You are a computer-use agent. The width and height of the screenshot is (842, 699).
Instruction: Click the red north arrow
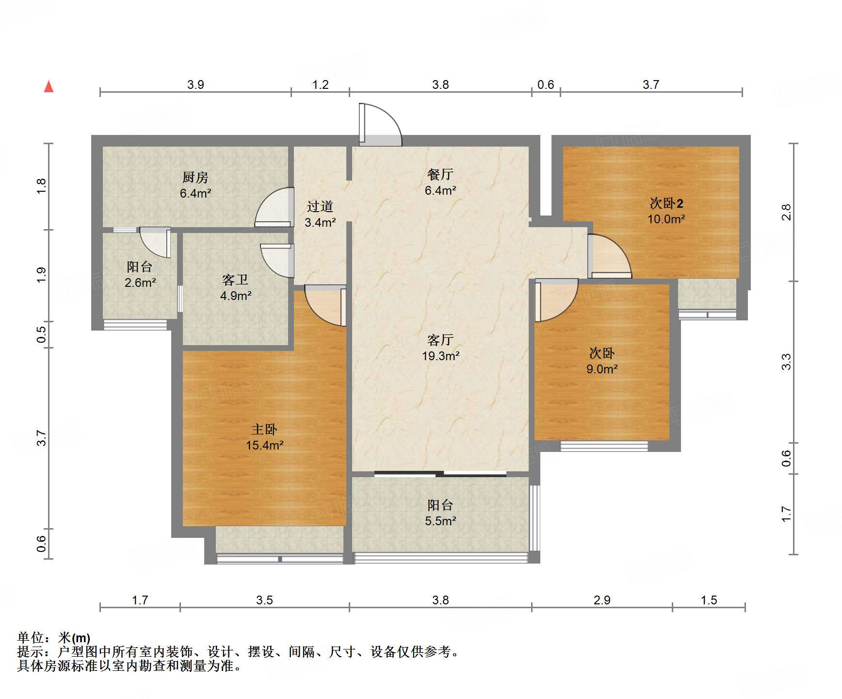pyautogui.click(x=49, y=87)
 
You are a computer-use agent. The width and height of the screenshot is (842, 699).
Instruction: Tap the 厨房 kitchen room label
pyautogui.click(x=195, y=177)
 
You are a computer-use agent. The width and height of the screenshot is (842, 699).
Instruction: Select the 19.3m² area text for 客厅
pyautogui.click(x=440, y=356)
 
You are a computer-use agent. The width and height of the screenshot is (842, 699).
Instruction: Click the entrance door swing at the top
pyautogui.click(x=381, y=124)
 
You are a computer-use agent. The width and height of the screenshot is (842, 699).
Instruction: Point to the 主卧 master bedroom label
pyautogui.click(x=264, y=429)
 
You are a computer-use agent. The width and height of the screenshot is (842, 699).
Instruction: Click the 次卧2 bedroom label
pyautogui.click(x=666, y=203)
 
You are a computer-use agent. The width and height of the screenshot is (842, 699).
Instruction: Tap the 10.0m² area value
pyautogui.click(x=666, y=219)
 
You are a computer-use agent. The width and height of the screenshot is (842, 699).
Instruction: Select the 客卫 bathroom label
pyautogui.click(x=235, y=280)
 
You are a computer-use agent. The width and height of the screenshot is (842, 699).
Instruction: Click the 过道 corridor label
pyautogui.click(x=320, y=207)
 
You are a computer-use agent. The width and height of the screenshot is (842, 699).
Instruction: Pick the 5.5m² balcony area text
pyautogui.click(x=440, y=521)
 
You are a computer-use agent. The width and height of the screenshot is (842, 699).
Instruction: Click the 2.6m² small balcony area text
pyautogui.click(x=140, y=283)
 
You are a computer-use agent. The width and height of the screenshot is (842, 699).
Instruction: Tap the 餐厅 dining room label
pyautogui.click(x=440, y=174)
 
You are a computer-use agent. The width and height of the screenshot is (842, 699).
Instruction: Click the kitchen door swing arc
pyautogui.click(x=274, y=207)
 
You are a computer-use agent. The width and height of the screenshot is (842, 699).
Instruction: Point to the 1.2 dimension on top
pyautogui.click(x=320, y=85)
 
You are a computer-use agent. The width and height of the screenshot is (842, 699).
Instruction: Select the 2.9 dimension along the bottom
pyautogui.click(x=602, y=600)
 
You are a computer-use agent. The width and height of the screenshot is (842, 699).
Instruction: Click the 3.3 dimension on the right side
pyautogui.click(x=786, y=362)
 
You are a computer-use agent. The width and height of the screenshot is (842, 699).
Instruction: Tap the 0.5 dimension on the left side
pyautogui.click(x=42, y=334)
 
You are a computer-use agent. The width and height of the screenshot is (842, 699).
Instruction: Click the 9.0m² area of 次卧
pyautogui.click(x=602, y=369)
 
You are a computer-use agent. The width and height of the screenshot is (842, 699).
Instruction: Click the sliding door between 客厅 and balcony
pyautogui.click(x=440, y=473)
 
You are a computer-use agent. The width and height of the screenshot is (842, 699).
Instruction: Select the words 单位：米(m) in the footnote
pyautogui.click(x=54, y=637)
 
